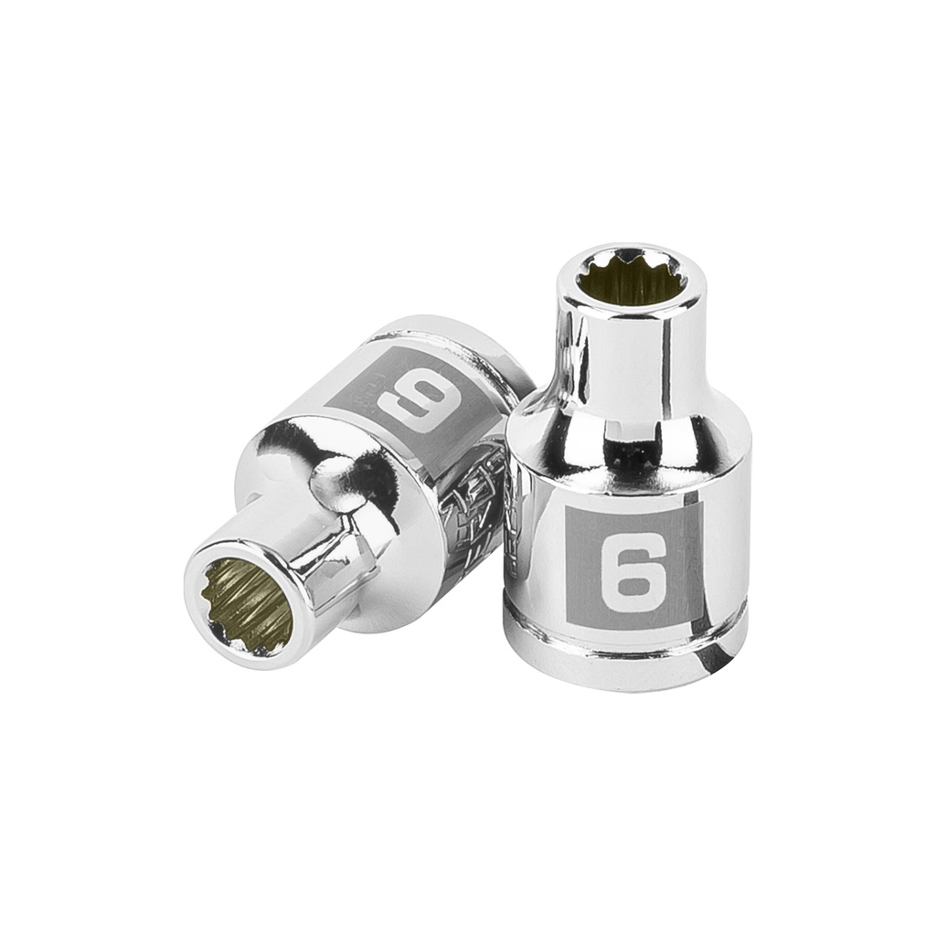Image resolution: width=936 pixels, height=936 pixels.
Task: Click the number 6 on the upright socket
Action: tap(633, 572)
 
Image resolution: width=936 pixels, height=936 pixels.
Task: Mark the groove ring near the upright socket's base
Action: tap(625, 638)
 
